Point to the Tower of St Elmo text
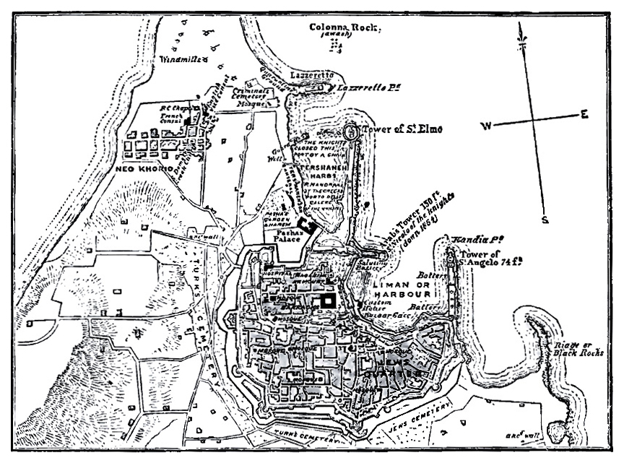tap(402, 130)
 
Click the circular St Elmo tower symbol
tap(351, 132)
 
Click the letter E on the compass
tap(584, 114)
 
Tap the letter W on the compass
tap(487, 126)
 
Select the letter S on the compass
tap(547, 220)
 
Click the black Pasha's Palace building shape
tap(308, 225)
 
